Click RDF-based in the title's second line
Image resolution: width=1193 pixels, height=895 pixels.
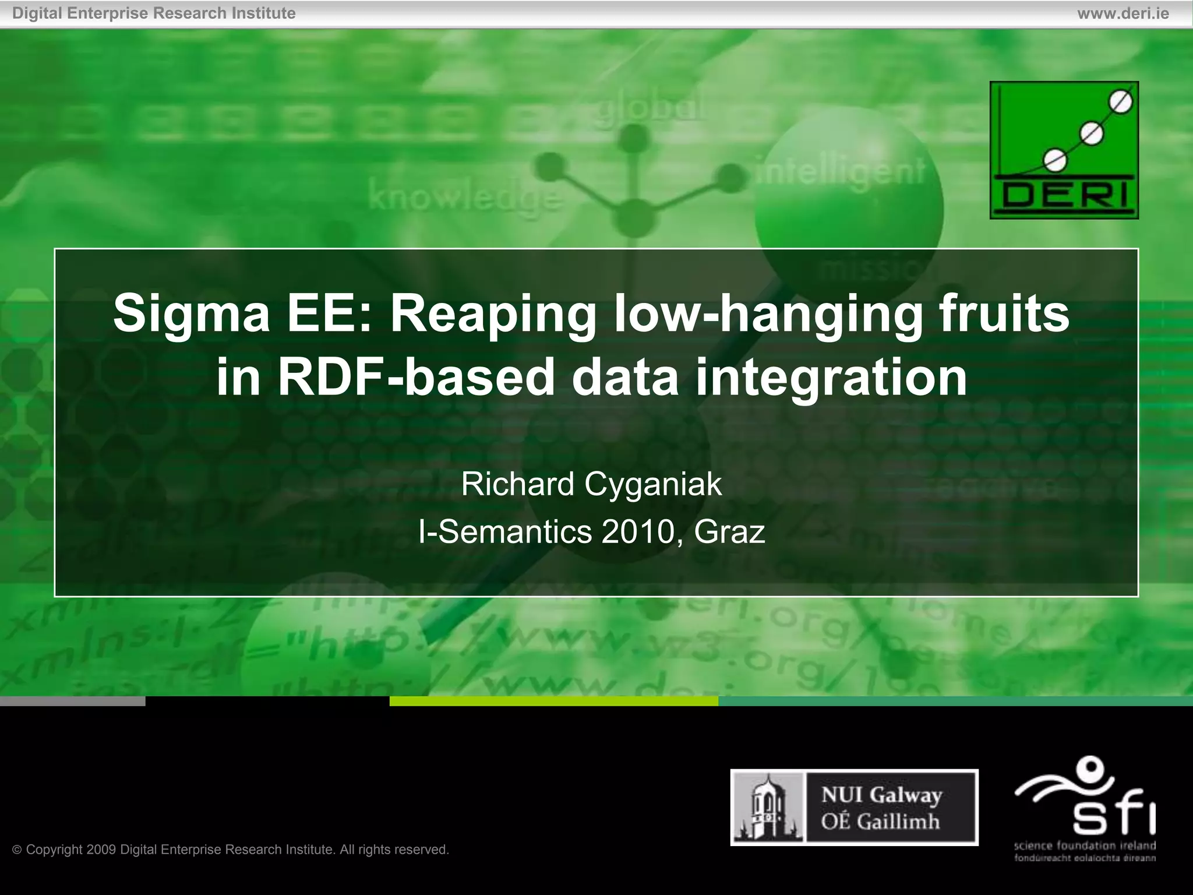click(416, 378)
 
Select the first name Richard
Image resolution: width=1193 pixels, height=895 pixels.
click(518, 484)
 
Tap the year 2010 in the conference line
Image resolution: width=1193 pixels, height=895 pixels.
click(638, 532)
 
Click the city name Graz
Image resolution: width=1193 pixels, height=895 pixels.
click(729, 532)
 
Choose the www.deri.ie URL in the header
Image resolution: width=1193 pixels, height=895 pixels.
click(1123, 13)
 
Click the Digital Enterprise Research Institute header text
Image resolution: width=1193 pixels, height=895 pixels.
click(154, 13)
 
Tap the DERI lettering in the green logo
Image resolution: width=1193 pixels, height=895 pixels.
click(1064, 195)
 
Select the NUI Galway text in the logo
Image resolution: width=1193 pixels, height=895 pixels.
click(881, 795)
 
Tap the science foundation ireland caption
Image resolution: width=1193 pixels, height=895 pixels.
click(1085, 846)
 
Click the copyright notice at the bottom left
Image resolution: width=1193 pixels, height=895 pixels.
click(231, 850)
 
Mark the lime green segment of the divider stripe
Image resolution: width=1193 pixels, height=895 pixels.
click(553, 701)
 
